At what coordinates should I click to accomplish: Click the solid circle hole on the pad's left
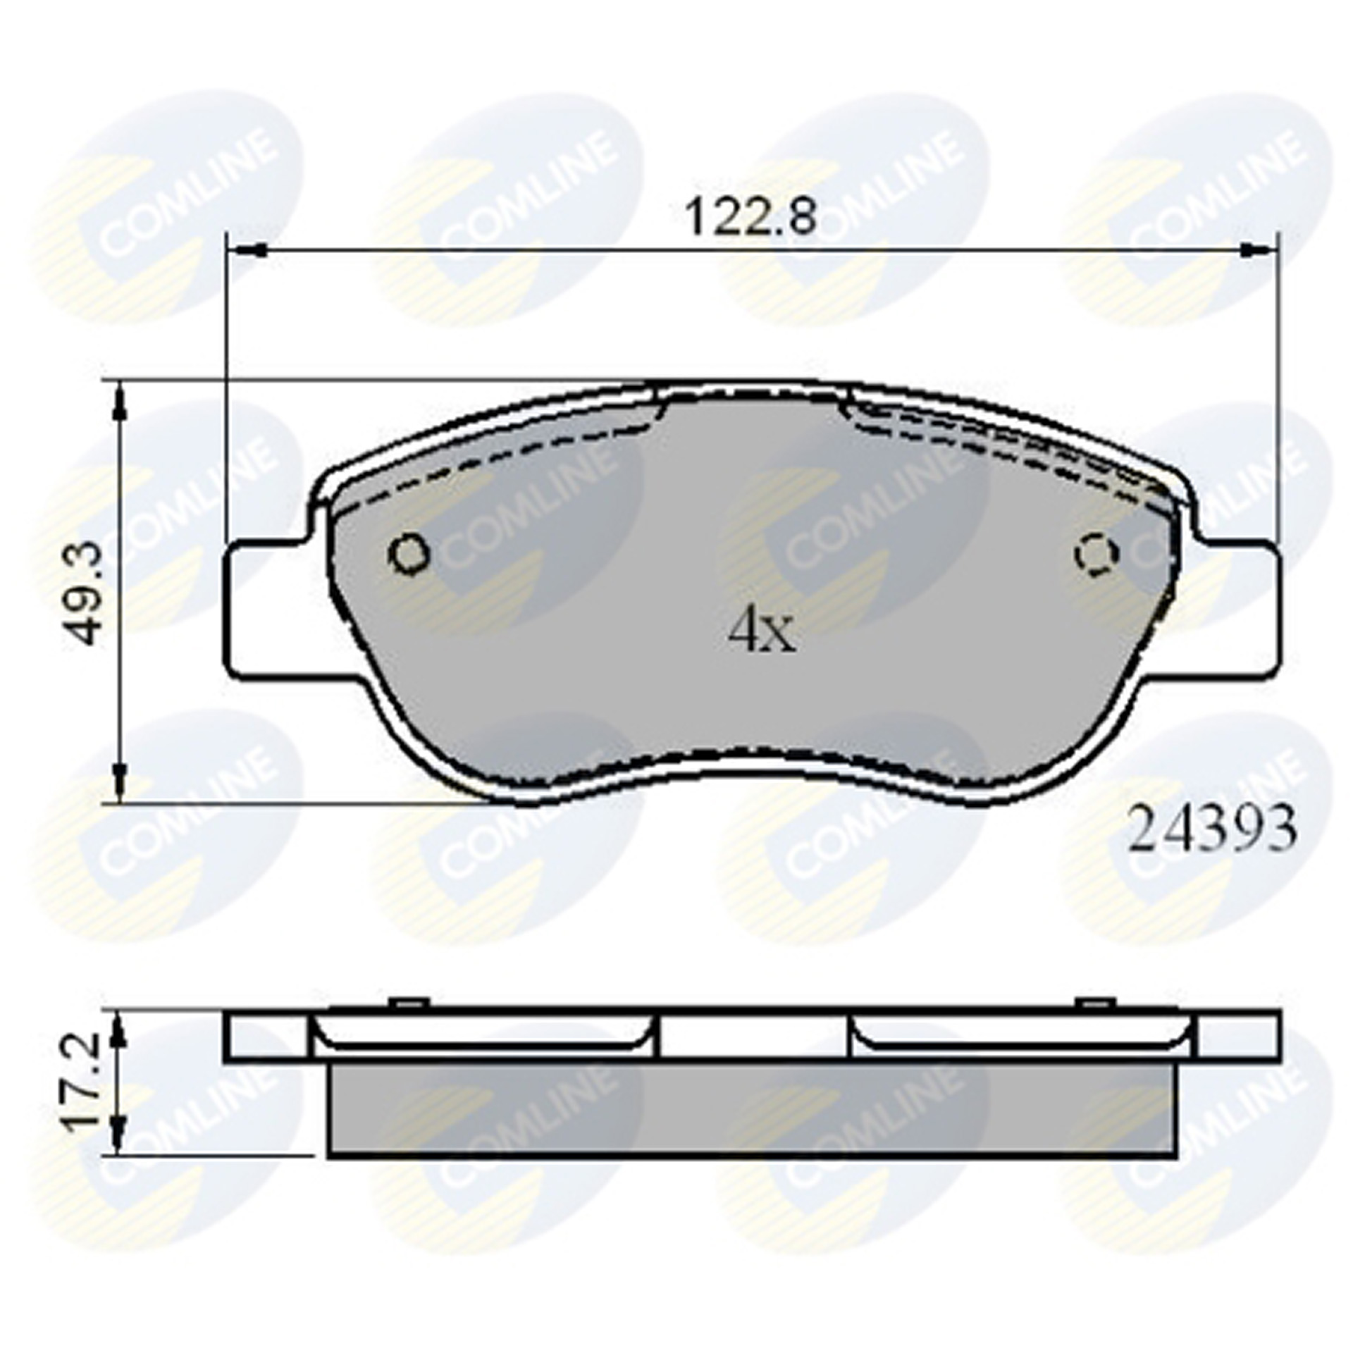409,554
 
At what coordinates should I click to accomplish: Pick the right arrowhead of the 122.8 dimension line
1254,249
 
